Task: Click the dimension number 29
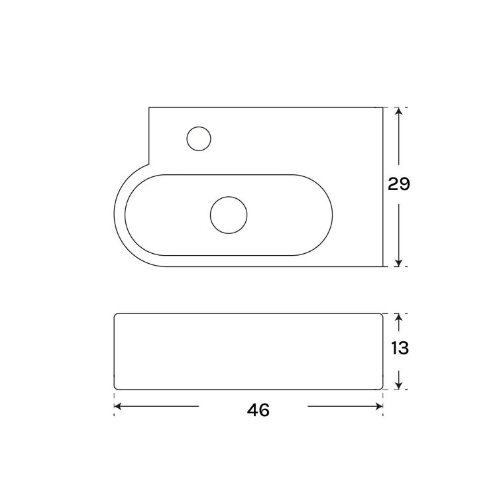399,184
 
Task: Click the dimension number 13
400,348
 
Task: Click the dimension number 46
258,410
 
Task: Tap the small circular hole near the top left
199,138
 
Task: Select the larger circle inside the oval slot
229,215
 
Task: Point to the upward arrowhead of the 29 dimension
399,111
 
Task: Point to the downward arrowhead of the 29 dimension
399,263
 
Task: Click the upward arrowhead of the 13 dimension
399,317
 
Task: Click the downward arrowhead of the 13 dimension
399,386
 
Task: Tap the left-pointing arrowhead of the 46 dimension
117,406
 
